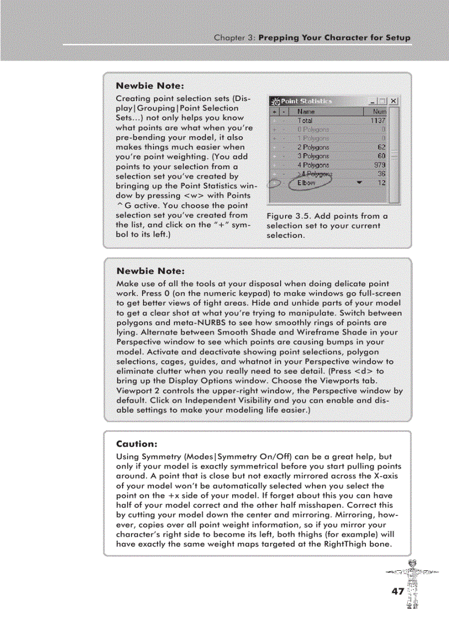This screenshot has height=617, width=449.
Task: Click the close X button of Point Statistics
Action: (x=394, y=101)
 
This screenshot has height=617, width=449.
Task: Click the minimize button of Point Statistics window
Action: (x=374, y=101)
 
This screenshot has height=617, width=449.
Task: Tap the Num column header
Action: (x=379, y=112)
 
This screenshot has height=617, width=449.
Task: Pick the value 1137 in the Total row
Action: (x=377, y=120)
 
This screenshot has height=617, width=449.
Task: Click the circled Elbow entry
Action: (x=307, y=182)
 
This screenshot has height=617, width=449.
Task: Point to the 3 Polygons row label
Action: (x=313, y=156)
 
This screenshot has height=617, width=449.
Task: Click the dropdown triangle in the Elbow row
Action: (x=359, y=182)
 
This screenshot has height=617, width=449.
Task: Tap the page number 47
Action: (x=397, y=591)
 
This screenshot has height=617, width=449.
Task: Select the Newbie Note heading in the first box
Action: (x=150, y=86)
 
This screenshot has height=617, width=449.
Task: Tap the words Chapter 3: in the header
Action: (x=234, y=38)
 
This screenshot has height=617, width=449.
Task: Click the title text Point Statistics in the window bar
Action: (x=306, y=101)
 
